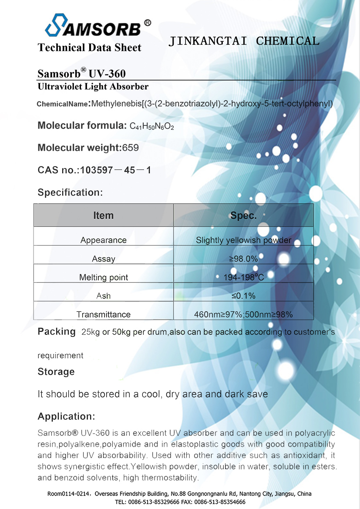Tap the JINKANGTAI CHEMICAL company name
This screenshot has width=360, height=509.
244,41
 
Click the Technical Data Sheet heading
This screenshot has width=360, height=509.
90,47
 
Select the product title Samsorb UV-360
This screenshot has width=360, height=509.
82,73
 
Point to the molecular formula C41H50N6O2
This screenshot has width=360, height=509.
152,126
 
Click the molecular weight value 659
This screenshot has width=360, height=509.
131,148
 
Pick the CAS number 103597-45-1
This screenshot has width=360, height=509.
115,170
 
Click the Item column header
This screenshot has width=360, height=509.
104,216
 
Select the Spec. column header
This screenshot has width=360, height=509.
243,216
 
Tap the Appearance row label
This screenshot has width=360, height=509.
104,240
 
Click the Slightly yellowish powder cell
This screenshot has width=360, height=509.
243,240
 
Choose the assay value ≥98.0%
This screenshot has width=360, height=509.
243,259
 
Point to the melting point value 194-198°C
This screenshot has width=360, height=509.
243,277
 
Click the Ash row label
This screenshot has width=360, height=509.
104,296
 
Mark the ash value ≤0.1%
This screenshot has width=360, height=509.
243,296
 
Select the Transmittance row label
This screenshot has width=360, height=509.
104,314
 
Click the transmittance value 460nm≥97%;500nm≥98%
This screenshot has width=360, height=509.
243,314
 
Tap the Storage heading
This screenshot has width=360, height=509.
56,372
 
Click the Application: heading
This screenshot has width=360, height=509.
66,416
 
